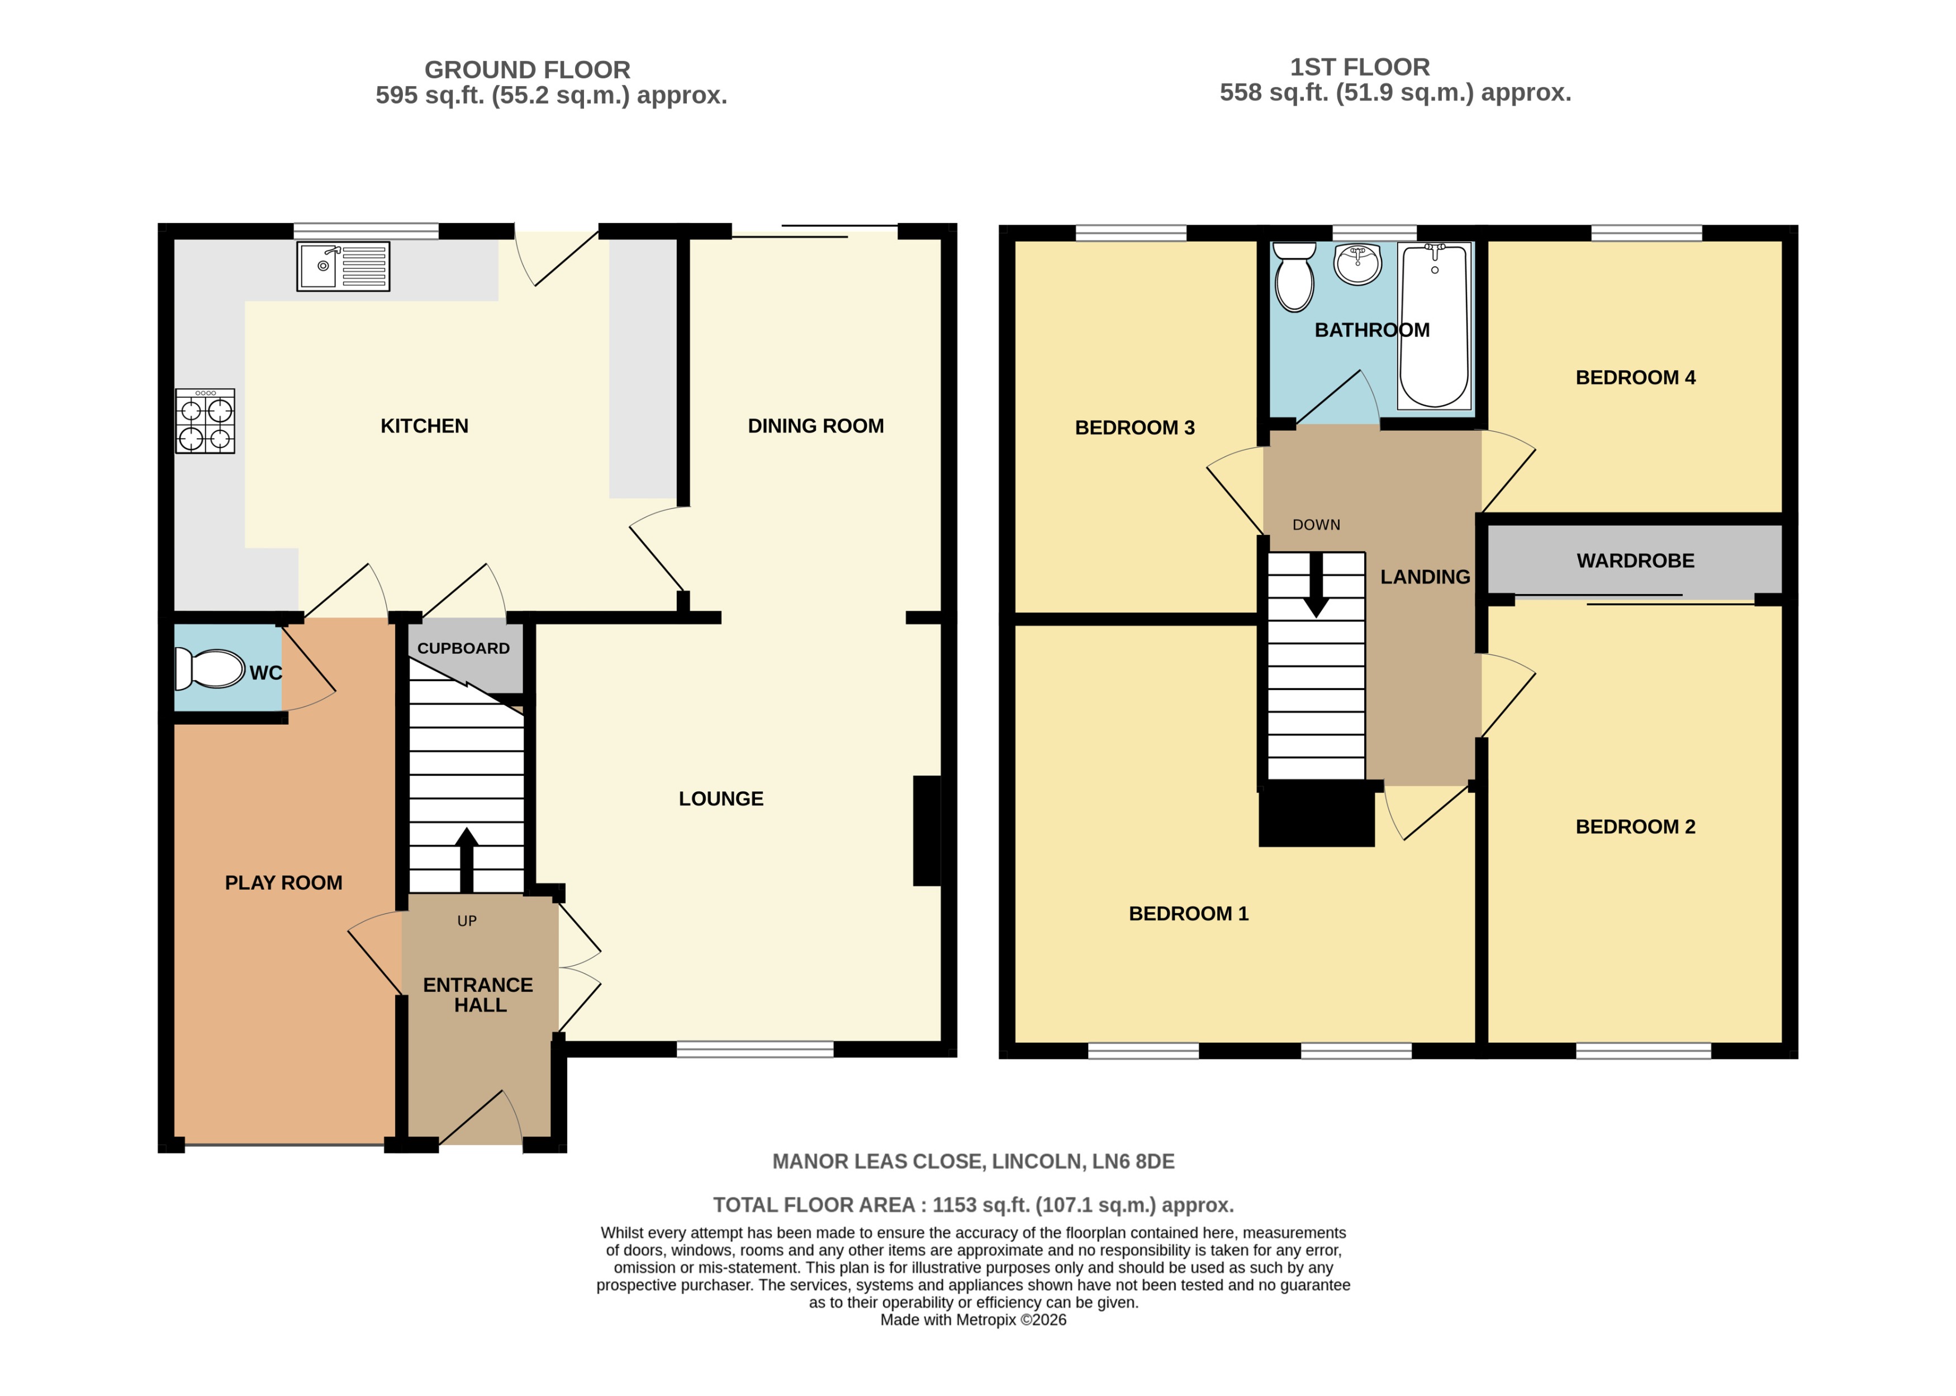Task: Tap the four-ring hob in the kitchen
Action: (205, 421)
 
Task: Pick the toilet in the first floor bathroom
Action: (1294, 275)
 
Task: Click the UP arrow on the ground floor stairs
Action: (467, 860)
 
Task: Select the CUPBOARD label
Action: (463, 649)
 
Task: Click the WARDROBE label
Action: (1635, 561)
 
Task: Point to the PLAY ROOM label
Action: (283, 883)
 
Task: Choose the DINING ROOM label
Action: (815, 426)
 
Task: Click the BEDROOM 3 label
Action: (1134, 428)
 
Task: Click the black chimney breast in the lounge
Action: (927, 830)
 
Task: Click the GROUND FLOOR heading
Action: (527, 70)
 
